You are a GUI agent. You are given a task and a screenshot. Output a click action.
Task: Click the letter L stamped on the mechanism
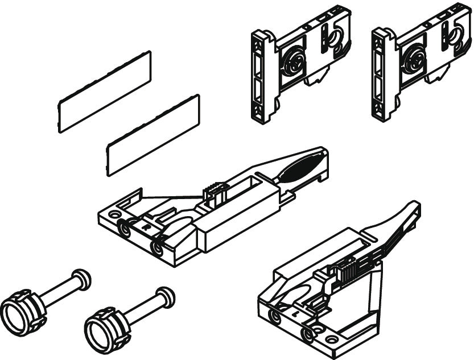pos(295,313)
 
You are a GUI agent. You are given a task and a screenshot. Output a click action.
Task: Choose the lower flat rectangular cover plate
pos(154,135)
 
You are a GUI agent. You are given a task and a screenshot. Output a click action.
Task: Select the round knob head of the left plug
pos(82,279)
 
